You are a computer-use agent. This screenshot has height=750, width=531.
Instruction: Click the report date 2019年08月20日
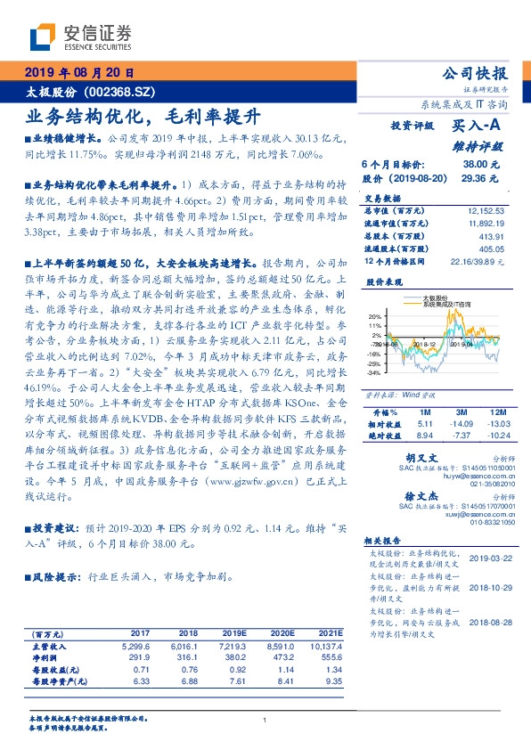coord(79,72)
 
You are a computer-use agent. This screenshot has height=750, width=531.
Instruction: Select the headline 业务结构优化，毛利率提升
coord(142,115)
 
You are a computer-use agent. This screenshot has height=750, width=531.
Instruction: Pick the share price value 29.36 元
coord(481,178)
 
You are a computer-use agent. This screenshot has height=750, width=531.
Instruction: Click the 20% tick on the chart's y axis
coord(375,315)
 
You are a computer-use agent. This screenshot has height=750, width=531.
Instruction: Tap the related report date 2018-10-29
coord(486,588)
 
